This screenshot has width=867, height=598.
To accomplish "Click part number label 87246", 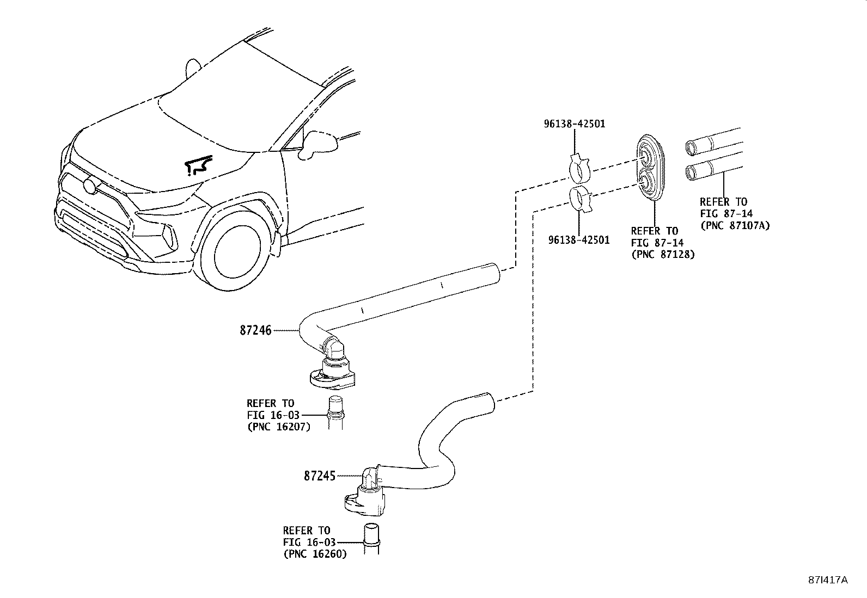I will (x=255, y=330).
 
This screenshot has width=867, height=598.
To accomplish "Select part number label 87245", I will (x=320, y=476).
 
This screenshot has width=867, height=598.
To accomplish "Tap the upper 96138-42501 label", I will (x=574, y=124).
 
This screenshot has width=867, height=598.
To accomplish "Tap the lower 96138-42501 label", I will (x=579, y=239).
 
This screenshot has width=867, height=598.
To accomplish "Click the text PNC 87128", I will (x=663, y=254).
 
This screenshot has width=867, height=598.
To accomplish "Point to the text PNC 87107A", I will (x=735, y=225).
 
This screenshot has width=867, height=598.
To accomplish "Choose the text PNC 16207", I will (x=279, y=427).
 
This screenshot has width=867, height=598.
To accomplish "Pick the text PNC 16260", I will (x=315, y=554).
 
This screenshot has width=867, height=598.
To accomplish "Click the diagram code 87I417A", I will (x=827, y=580).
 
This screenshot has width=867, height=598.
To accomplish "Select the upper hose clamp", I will (x=580, y=169).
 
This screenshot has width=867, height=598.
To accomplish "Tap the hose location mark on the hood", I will (x=197, y=165).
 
